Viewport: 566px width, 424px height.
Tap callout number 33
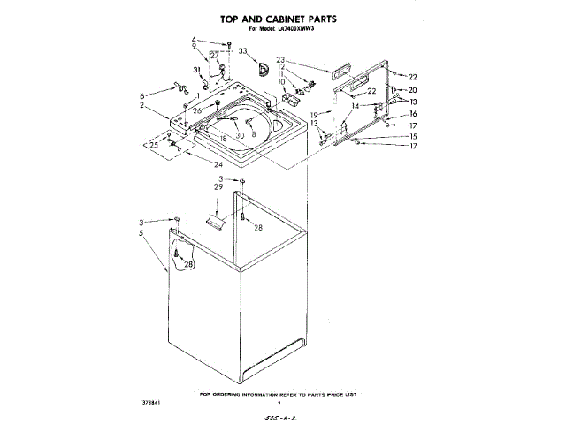[x=242, y=52]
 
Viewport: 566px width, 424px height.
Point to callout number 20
[x=411, y=90]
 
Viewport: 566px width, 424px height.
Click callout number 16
[x=412, y=114]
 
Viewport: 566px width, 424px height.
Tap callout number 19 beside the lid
[x=313, y=115]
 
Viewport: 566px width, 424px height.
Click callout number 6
[x=141, y=95]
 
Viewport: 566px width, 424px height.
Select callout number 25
[x=154, y=144]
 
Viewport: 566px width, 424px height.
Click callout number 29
[x=217, y=188]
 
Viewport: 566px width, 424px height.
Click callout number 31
[x=196, y=71]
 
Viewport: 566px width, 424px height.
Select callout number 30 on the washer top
[x=240, y=135]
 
